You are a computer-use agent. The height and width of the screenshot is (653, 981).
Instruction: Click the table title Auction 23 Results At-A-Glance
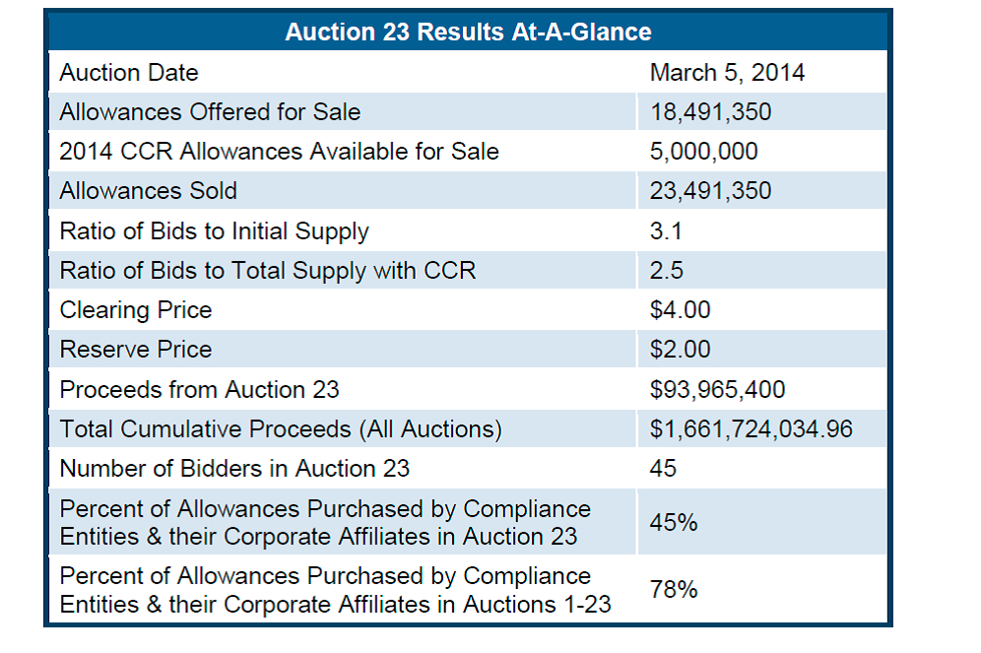[x=468, y=32]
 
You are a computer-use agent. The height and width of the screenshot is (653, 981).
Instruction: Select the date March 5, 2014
[x=727, y=73]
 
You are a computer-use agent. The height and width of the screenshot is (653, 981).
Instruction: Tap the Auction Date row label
[x=129, y=73]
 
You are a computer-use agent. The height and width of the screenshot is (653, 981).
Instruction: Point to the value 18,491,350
[x=710, y=112]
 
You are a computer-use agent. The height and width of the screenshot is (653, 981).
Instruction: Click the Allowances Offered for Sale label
[x=210, y=112]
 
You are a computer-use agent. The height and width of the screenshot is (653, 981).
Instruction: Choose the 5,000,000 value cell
[x=703, y=152]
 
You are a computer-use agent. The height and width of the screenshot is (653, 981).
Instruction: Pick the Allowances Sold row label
[x=149, y=191]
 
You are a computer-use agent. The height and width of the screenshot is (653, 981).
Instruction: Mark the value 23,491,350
[x=710, y=191]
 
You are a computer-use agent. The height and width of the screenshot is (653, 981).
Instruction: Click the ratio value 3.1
[x=666, y=231]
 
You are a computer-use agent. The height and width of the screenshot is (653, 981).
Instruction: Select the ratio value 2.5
[x=667, y=271]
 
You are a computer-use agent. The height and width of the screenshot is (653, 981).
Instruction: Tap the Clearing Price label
[x=136, y=310]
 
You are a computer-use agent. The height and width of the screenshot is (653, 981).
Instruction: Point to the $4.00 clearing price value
[x=680, y=310]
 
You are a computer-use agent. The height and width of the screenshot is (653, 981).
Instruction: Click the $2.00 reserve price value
[x=680, y=350]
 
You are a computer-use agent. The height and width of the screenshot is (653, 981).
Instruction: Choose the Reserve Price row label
[x=136, y=350]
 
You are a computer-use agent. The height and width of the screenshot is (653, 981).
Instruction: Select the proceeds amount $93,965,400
[x=717, y=390]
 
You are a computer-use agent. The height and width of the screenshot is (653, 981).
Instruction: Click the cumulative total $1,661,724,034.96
[x=752, y=429]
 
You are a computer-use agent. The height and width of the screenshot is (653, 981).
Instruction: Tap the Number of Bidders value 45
[x=663, y=469]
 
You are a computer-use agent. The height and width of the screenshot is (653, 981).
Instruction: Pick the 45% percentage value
[x=674, y=523]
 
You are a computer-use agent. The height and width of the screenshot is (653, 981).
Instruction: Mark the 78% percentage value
[x=674, y=590]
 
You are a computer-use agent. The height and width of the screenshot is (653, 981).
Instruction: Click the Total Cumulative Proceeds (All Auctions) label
[x=281, y=429]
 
